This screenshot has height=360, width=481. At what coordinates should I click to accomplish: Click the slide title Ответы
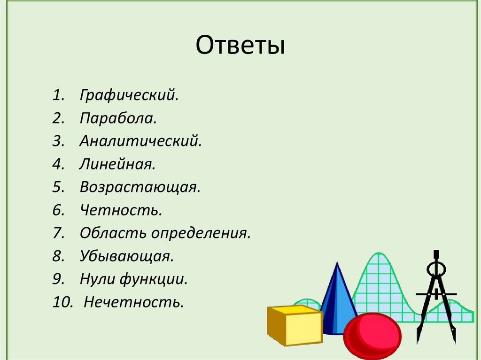coord(240,46)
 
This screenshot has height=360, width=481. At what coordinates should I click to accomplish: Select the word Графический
coord(129,95)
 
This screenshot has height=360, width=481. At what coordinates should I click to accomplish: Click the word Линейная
coord(117,165)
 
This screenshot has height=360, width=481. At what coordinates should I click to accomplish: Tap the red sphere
coord(372,336)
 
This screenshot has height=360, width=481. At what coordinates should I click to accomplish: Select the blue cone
coord(337,300)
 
